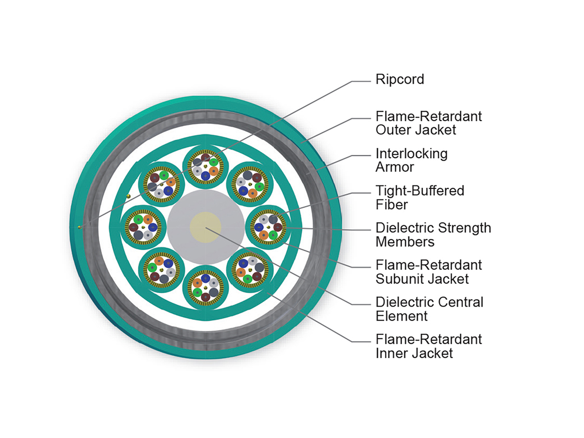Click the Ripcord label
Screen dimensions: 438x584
point(400,79)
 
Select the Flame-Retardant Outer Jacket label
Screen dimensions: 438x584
point(428,123)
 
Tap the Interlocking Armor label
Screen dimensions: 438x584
point(411,160)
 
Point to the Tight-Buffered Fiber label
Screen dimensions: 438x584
point(420,197)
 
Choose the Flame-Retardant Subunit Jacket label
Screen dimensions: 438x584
point(428,272)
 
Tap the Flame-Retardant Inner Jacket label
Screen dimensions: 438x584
point(428,346)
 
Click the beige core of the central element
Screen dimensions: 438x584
point(205,227)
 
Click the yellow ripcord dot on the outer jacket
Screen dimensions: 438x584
point(79,227)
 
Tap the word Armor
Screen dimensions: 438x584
point(395,167)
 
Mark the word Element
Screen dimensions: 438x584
point(401,316)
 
